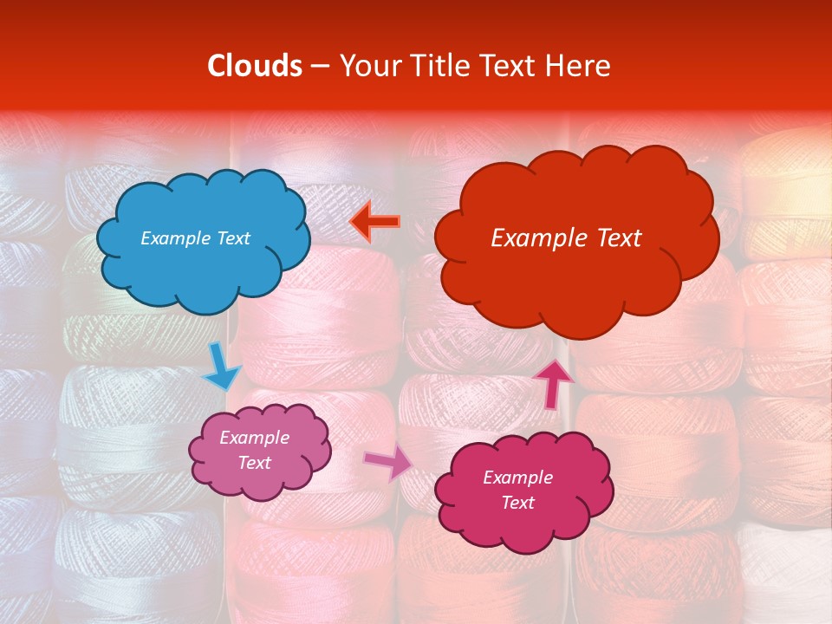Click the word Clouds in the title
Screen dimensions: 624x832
(254, 66)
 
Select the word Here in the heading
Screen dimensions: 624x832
(578, 66)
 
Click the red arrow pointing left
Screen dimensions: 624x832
(374, 222)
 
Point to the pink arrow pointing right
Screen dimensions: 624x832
(388, 463)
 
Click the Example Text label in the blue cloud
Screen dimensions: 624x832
(195, 238)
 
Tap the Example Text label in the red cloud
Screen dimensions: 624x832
(566, 238)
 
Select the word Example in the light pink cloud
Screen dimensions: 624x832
(254, 438)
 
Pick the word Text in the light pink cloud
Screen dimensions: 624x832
(254, 463)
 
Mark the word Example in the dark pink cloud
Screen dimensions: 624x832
(517, 478)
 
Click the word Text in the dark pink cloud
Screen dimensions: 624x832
(517, 503)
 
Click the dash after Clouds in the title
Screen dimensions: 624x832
(319, 67)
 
